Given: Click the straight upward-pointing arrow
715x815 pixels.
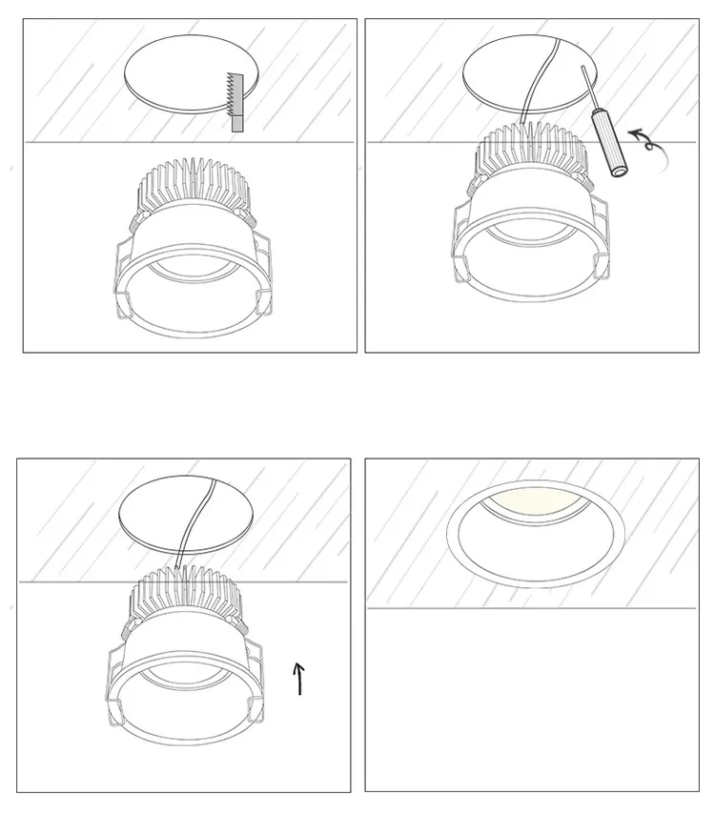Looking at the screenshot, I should point(299,678).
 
